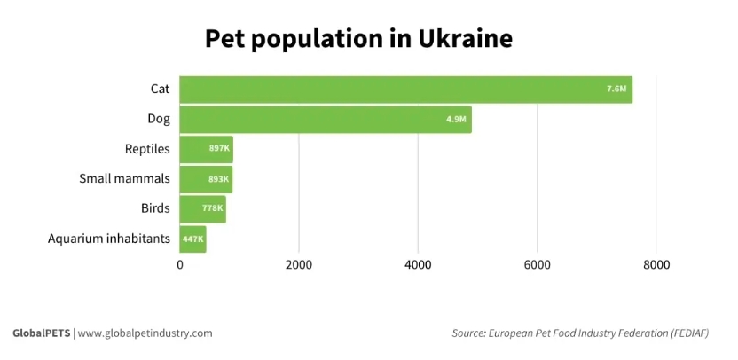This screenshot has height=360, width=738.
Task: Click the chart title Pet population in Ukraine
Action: click(x=358, y=39)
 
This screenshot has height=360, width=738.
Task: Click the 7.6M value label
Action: click(x=616, y=90)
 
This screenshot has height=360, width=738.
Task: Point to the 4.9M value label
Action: click(x=456, y=120)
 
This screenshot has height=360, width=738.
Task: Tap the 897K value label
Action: click(x=219, y=149)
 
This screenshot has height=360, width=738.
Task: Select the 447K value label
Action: click(x=192, y=239)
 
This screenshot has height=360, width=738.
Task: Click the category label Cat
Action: click(x=160, y=89)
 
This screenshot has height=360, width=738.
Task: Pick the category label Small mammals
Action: click(x=124, y=178)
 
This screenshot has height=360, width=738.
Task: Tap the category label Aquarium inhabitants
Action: click(x=108, y=238)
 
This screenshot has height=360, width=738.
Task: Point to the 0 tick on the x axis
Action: click(x=180, y=264)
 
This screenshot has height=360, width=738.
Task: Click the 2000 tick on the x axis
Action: click(x=299, y=264)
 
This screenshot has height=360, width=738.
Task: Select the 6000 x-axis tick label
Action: click(x=537, y=264)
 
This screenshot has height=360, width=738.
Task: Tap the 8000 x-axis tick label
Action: click(x=656, y=264)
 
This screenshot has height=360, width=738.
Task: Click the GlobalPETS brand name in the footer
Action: click(x=41, y=333)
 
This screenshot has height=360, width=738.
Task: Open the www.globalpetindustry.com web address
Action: click(x=145, y=333)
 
